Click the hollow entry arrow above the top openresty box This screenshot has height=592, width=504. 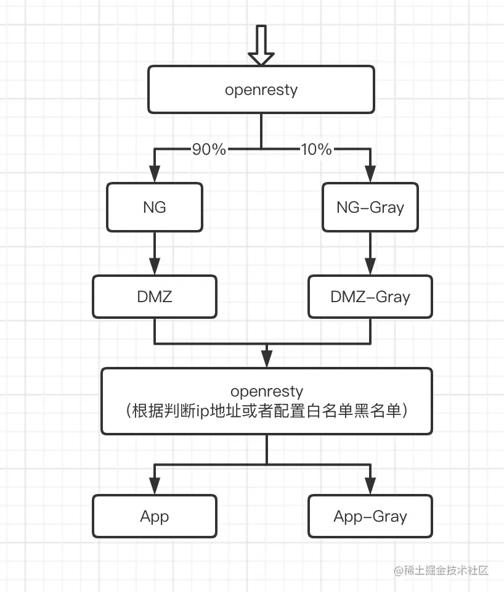[261, 45]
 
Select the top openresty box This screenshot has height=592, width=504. [261, 90]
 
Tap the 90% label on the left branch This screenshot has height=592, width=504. [209, 149]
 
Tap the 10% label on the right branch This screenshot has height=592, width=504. [316, 149]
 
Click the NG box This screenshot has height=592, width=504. [154, 207]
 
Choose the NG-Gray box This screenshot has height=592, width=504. [370, 207]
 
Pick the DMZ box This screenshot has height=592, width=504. [154, 297]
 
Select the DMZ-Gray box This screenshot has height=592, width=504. [370, 297]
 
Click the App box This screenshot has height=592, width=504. [154, 516]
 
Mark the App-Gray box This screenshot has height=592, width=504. [370, 516]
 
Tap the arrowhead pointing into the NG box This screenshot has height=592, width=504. [154, 175]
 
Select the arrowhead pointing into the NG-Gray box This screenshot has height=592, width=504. [370, 175]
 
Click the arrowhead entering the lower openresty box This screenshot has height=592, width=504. [266, 359]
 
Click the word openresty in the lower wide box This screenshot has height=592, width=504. [266, 391]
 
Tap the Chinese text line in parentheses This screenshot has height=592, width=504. [266, 412]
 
